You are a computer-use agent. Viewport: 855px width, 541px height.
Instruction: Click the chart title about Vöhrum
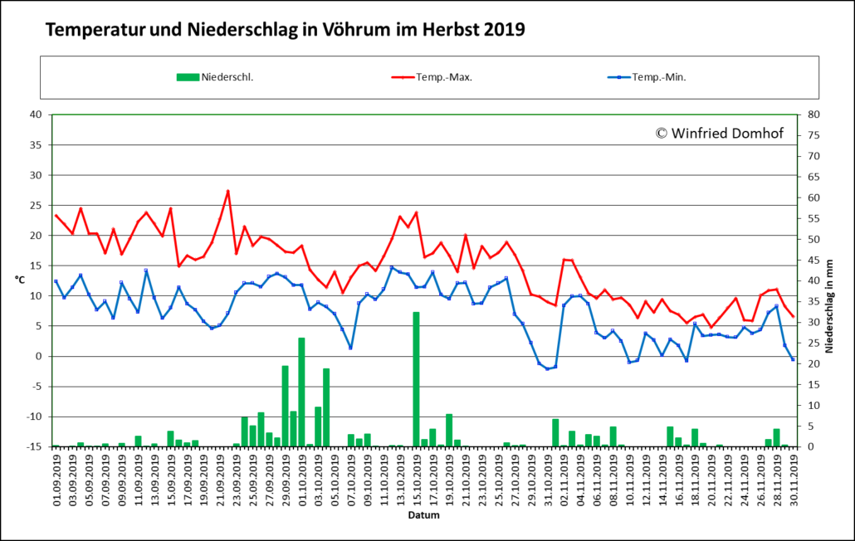(x=285, y=29)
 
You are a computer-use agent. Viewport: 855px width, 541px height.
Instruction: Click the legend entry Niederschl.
(x=215, y=77)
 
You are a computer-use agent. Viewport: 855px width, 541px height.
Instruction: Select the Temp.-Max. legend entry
(x=432, y=77)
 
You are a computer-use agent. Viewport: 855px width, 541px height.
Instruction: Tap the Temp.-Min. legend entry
(x=647, y=77)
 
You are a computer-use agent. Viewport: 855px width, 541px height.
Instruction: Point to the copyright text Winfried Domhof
(x=719, y=133)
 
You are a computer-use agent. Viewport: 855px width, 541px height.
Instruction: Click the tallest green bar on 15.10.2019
(x=416, y=379)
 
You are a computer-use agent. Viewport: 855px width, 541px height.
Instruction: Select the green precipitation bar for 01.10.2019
(x=301, y=392)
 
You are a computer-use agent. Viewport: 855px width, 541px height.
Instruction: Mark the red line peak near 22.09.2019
(x=227, y=191)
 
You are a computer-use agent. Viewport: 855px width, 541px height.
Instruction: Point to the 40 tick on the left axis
(x=36, y=115)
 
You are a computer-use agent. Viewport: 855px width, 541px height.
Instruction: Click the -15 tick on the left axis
(x=34, y=446)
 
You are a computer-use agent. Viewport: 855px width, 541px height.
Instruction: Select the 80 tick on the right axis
(x=813, y=115)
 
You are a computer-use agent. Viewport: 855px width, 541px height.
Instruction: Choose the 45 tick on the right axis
(x=813, y=260)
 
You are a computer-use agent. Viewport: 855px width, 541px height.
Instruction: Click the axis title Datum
(x=423, y=514)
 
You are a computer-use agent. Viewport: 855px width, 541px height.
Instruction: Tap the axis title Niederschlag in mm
(x=829, y=306)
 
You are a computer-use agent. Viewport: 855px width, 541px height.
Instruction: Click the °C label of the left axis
(x=20, y=280)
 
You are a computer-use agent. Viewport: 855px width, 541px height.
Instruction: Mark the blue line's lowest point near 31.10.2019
(x=548, y=369)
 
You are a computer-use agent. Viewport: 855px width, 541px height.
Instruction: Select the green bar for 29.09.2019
(x=285, y=406)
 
